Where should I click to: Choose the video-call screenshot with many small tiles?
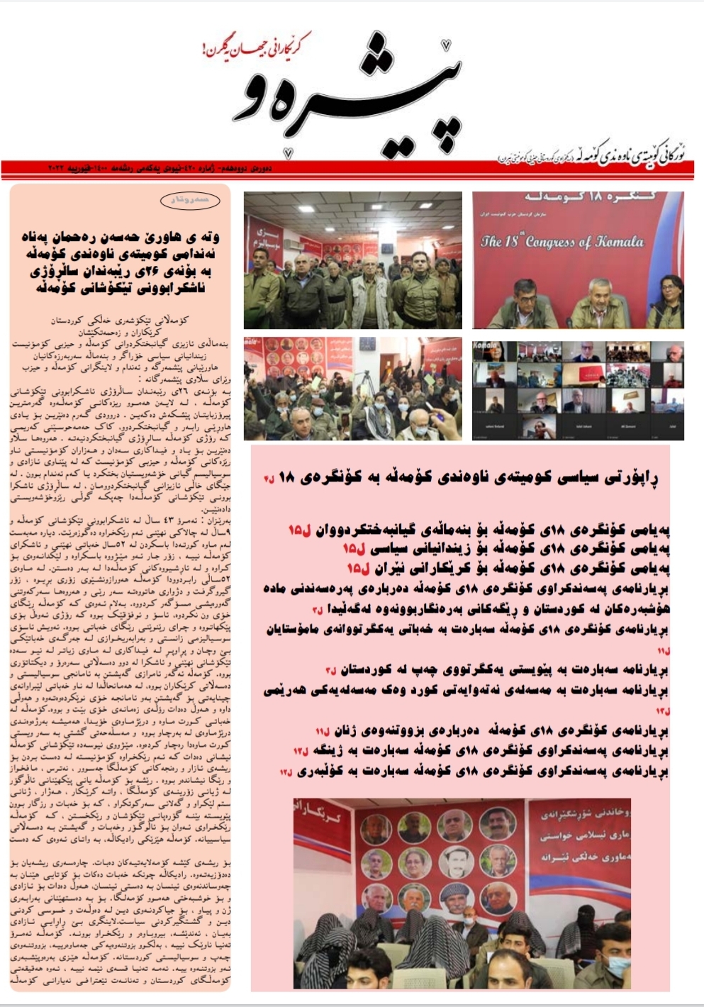tap(578, 390)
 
